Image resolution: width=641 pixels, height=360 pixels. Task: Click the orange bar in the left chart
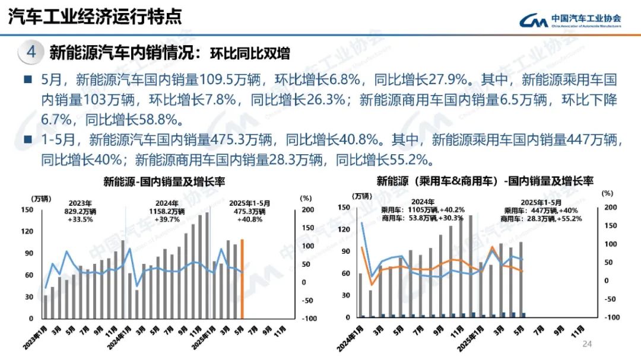tap(242, 279)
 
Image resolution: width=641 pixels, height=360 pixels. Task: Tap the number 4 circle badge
tap(31, 53)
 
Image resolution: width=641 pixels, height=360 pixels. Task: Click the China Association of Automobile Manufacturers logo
tap(570, 21)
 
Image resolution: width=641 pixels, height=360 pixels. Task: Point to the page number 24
tap(588, 344)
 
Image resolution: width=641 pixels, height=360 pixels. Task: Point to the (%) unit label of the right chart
tap(606, 193)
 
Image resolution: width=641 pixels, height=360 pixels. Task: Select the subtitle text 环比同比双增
tap(250, 53)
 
